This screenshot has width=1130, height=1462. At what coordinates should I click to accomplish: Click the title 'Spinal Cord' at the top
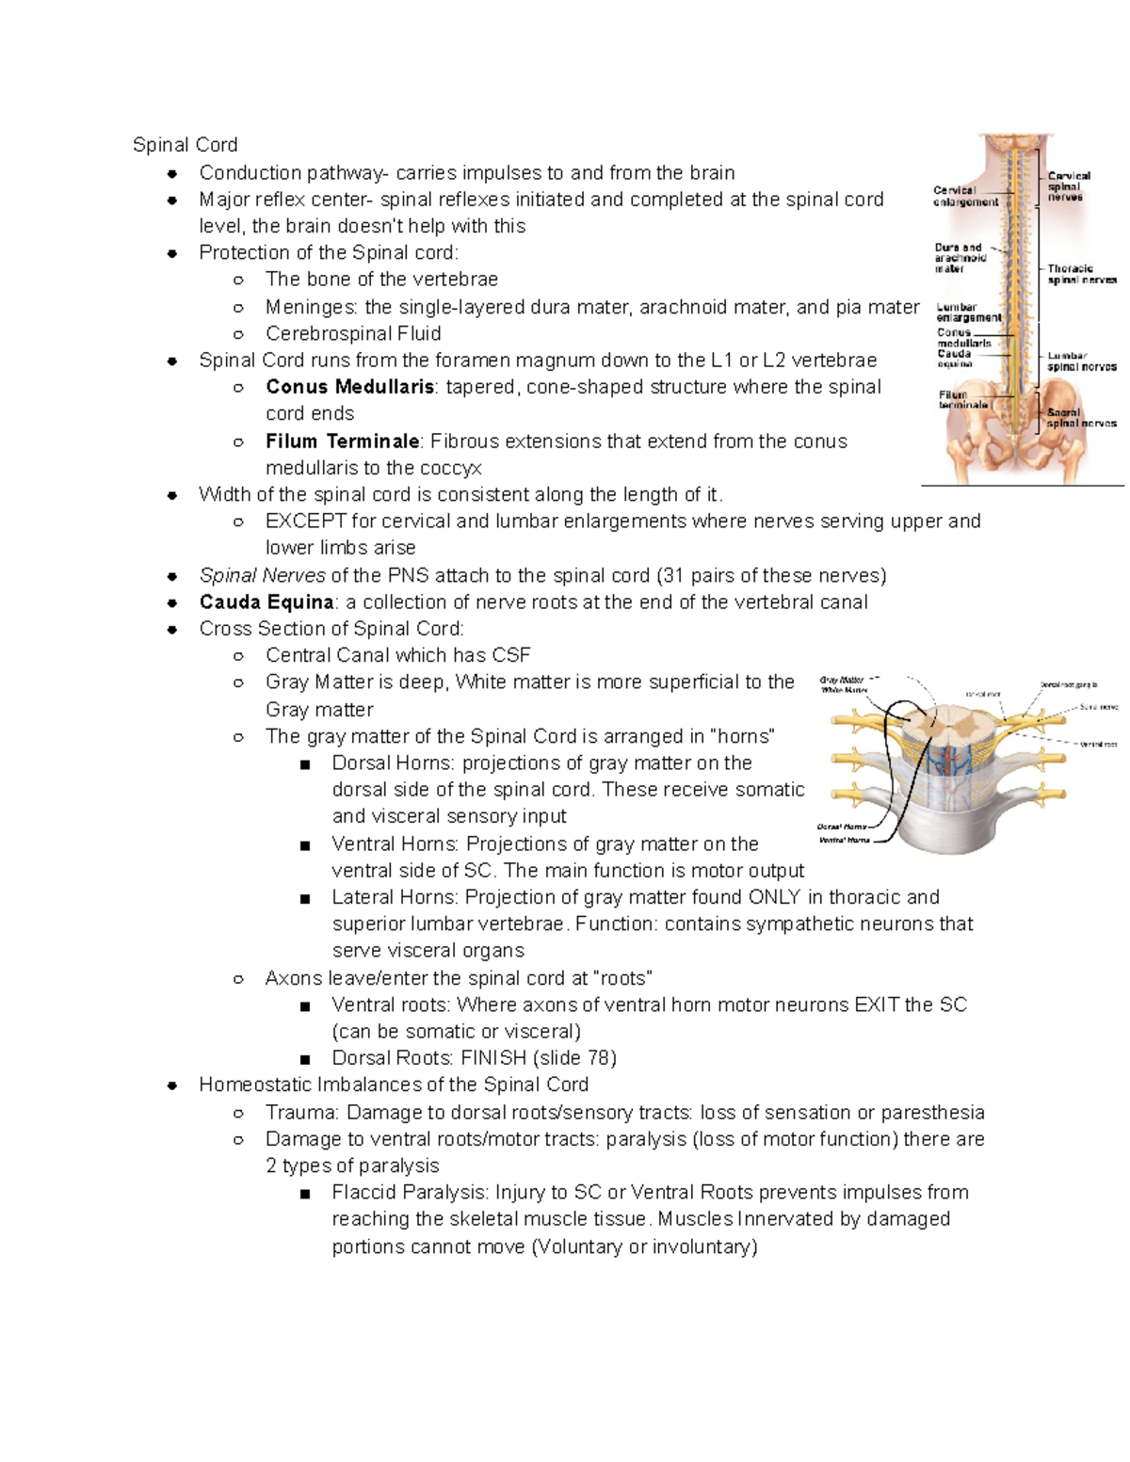185,144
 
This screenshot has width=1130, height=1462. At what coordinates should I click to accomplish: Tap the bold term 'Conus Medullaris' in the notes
349,387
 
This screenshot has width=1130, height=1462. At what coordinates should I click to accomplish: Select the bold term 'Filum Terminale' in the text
343,442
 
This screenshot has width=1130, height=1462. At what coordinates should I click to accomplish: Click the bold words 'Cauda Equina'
266,602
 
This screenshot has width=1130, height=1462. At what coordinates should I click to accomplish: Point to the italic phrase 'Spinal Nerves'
262,575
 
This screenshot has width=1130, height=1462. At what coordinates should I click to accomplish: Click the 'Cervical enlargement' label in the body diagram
965,196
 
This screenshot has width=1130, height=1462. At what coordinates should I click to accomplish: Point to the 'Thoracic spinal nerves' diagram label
1081,274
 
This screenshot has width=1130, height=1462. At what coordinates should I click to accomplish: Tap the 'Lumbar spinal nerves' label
1081,361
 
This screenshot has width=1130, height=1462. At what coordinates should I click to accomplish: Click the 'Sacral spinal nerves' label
1081,418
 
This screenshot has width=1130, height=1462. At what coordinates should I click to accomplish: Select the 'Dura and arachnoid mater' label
960,258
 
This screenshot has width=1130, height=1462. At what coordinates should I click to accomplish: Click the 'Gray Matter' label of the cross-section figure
841,680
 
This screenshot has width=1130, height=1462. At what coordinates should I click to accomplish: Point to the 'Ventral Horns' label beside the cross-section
844,840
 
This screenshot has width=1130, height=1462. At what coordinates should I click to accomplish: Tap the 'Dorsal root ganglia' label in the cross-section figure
1068,685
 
